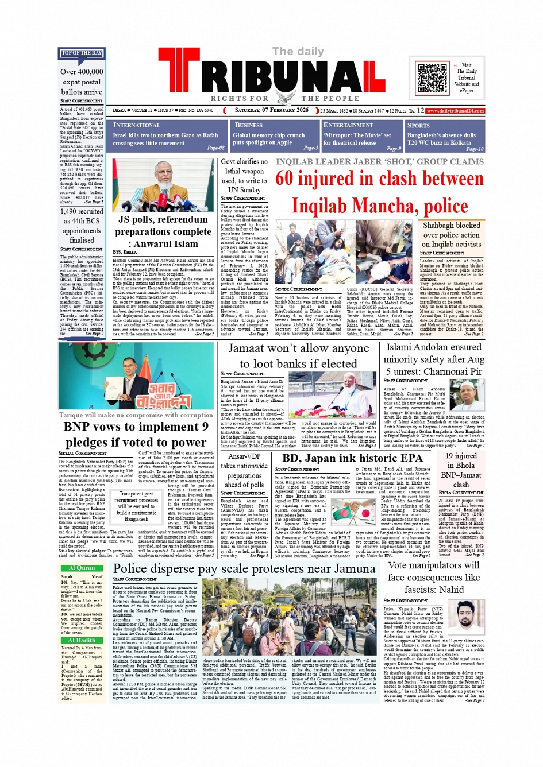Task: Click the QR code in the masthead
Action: (x=433, y=79)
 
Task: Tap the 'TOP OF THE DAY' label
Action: (x=81, y=53)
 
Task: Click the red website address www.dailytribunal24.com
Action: (x=455, y=111)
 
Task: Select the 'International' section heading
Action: (x=137, y=125)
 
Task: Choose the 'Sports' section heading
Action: (x=418, y=125)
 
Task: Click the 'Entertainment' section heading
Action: (x=348, y=125)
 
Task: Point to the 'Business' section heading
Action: (x=249, y=125)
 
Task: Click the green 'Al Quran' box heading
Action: (x=82, y=568)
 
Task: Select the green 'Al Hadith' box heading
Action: (x=82, y=640)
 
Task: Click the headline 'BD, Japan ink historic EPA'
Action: (x=352, y=458)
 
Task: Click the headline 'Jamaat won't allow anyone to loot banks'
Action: (x=298, y=356)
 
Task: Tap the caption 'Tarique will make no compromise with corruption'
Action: (x=136, y=415)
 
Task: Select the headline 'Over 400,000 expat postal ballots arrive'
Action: (x=82, y=82)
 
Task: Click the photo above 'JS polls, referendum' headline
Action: (x=164, y=184)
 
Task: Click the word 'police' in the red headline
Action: (x=440, y=206)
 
